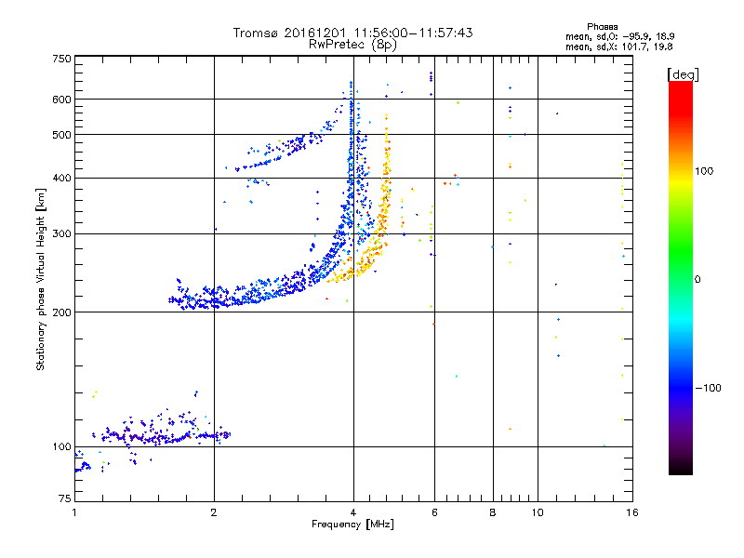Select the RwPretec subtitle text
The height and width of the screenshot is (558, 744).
pos(339,44)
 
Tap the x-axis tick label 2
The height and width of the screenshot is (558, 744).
pos(214,511)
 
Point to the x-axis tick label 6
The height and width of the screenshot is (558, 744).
pos(434,511)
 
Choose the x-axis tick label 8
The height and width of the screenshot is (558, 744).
pos(492,511)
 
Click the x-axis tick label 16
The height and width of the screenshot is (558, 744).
pos(631,511)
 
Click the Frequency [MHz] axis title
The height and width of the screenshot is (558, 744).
pos(352,525)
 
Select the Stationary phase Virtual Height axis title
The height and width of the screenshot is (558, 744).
pos(41,279)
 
